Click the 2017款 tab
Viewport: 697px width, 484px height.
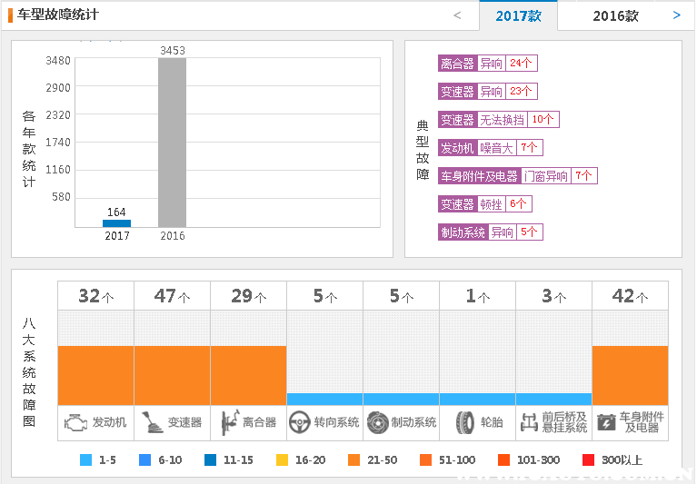[x=519, y=16]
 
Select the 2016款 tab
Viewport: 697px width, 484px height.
[x=615, y=16]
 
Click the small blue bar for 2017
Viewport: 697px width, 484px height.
[x=116, y=222]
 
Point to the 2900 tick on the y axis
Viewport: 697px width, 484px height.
[x=58, y=87]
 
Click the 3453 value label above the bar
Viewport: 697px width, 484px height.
[x=173, y=51]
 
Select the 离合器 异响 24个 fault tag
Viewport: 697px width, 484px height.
[x=487, y=64]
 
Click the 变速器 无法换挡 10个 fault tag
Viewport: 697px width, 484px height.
[x=498, y=120]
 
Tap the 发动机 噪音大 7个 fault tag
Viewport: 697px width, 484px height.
[x=490, y=148]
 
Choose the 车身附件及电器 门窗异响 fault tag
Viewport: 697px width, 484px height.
[x=517, y=176]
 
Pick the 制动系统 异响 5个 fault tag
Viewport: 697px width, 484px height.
[x=490, y=232]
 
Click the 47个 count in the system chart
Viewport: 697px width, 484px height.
[x=172, y=296]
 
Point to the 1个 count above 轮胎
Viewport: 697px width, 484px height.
[x=477, y=296]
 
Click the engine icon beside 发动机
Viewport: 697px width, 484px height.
[x=77, y=422]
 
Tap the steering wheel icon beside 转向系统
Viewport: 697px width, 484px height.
[x=300, y=422]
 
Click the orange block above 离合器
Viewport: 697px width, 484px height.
[x=248, y=375]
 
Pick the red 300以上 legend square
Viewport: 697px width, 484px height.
[x=588, y=459]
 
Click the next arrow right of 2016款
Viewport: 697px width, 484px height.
[x=676, y=15]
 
